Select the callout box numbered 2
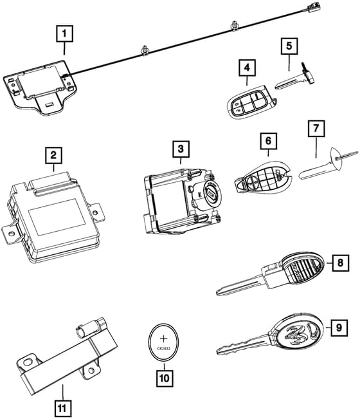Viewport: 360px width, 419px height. point(53,154)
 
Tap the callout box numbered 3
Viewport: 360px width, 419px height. point(182,149)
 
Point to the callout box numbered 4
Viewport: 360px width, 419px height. point(245,66)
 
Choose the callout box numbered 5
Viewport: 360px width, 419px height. point(289,46)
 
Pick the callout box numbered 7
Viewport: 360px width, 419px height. point(315,127)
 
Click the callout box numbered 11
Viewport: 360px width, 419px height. point(62,408)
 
